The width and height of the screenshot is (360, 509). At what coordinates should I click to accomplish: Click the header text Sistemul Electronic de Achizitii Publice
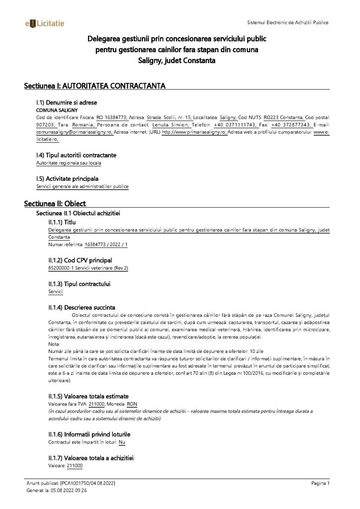(x=287, y=23)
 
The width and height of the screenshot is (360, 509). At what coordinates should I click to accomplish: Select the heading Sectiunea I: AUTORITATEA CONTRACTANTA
(x=94, y=86)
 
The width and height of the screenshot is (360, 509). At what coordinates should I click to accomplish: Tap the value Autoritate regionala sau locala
(x=70, y=163)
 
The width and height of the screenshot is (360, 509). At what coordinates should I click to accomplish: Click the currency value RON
(x=132, y=404)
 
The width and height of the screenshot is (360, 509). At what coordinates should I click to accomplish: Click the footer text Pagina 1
(x=321, y=483)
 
